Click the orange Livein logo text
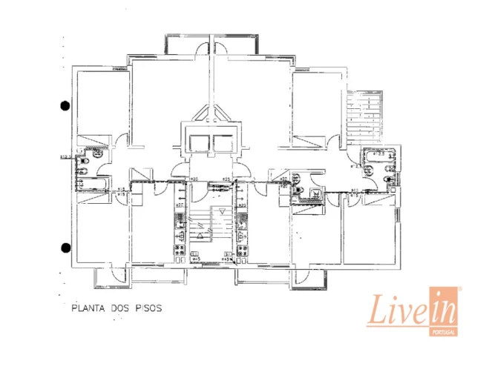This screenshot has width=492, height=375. point(410,310)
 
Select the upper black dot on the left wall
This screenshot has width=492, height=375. point(65,105)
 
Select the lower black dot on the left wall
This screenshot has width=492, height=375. point(65,247)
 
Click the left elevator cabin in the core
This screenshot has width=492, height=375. point(200,143)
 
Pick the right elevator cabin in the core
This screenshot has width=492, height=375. point(223,143)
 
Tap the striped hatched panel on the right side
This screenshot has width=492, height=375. point(366,117)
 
